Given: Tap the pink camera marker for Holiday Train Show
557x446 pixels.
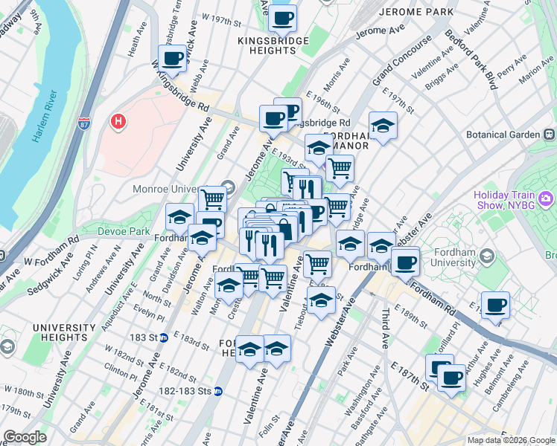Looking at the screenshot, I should coord(547,198).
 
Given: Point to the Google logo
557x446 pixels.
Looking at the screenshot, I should coord(25,437).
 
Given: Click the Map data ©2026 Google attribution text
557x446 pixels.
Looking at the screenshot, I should coord(510,440).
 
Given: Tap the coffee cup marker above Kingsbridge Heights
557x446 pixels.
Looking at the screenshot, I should coord(281,18).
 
